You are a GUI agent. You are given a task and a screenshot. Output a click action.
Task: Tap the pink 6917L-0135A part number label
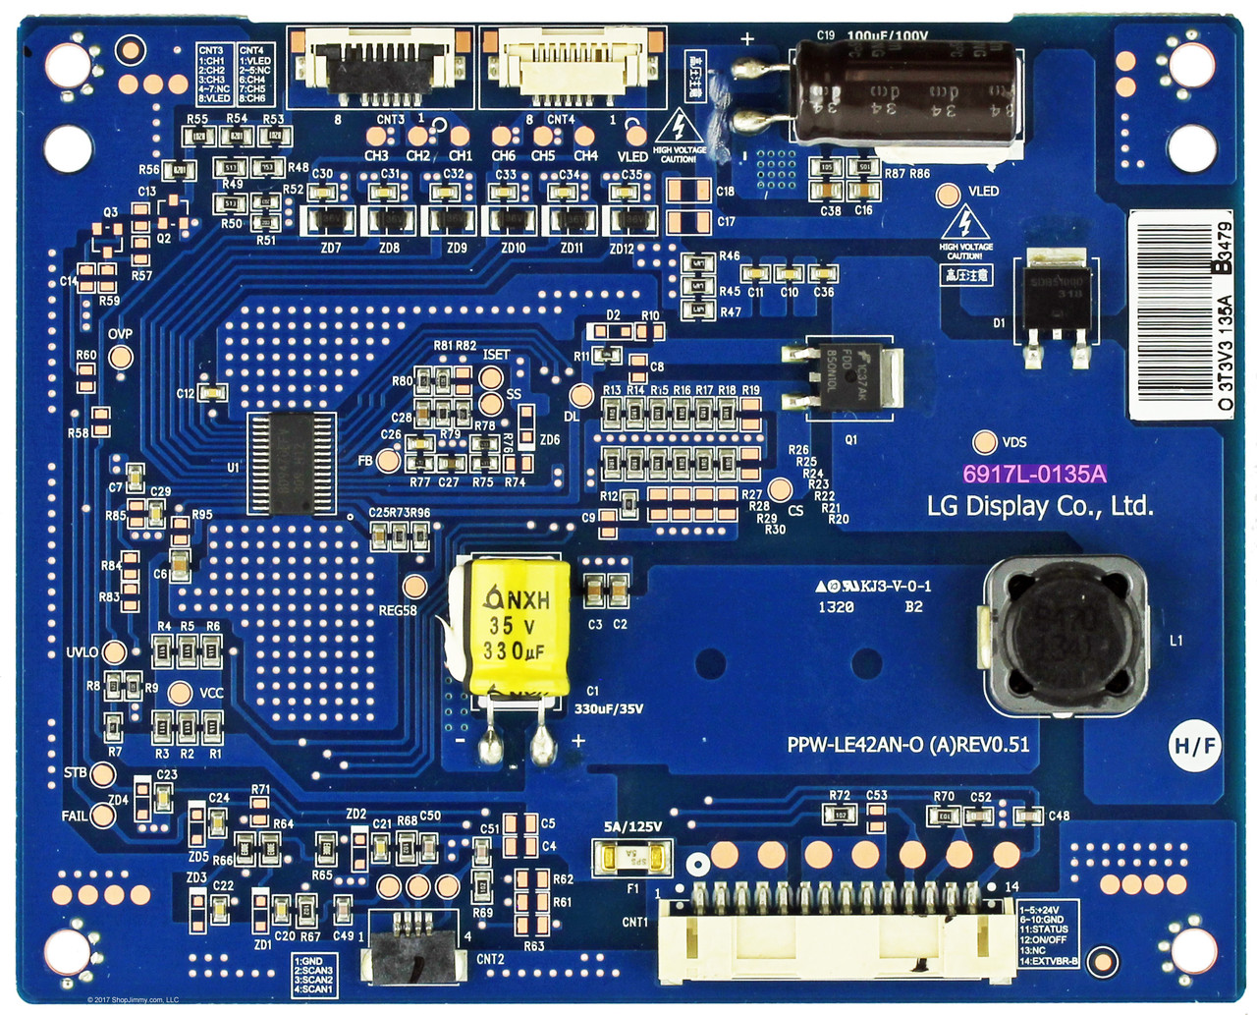pos(1034,475)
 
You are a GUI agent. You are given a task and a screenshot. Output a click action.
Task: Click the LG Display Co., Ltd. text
pos(1040,507)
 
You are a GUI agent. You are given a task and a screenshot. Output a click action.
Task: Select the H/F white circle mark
pos(1195,747)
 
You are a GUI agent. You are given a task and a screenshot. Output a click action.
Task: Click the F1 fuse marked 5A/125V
pos(634,858)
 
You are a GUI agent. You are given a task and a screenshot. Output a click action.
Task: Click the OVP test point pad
pos(120,356)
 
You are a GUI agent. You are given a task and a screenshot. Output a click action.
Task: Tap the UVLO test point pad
pos(115,652)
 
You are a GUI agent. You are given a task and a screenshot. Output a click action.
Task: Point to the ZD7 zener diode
pos(332,219)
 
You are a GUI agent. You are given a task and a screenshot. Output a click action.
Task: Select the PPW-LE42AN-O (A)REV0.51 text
pos(907,745)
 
